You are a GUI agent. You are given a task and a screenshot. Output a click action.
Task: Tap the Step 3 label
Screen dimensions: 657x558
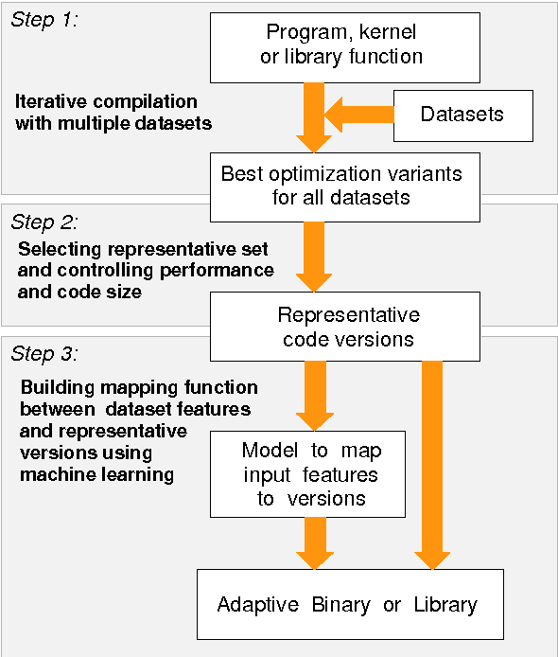point(44,354)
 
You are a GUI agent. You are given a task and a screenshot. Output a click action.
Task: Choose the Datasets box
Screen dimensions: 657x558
point(462,115)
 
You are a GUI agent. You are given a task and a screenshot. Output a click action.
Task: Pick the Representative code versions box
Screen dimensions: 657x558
point(349,327)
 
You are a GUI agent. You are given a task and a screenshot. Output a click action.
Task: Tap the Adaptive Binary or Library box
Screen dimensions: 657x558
point(349,604)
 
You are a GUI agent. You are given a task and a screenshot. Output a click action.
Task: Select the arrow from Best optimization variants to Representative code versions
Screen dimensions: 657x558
point(313,256)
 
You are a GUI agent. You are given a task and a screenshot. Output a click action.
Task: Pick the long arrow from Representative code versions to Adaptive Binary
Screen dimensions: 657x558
point(431,465)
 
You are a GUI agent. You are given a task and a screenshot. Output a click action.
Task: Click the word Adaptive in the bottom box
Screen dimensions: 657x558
point(253,605)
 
